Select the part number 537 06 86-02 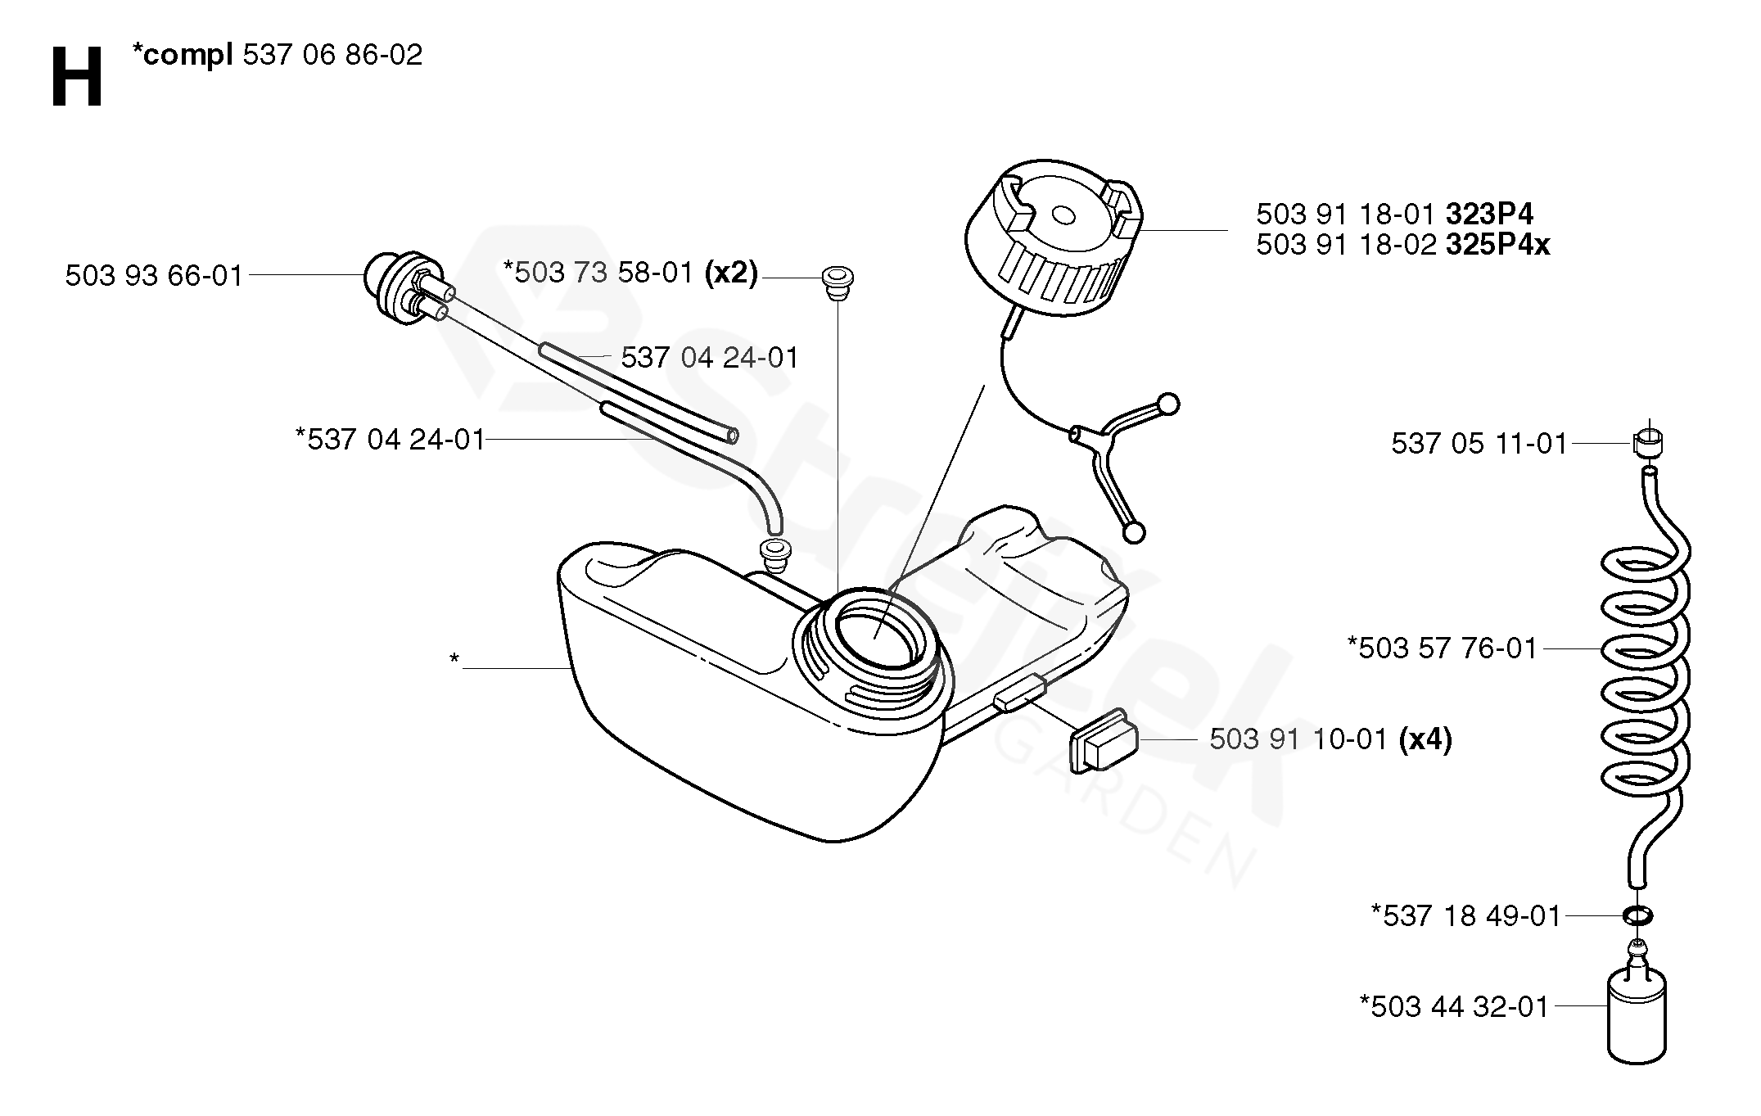(332, 55)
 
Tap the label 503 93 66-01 (154, 276)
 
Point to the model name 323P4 (1489, 215)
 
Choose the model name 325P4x (1497, 245)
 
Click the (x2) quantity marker (731, 273)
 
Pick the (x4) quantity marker (1425, 740)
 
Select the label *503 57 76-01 (1443, 648)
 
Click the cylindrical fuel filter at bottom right (1637, 1015)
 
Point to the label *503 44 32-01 (1454, 1006)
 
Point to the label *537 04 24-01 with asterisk (391, 440)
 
